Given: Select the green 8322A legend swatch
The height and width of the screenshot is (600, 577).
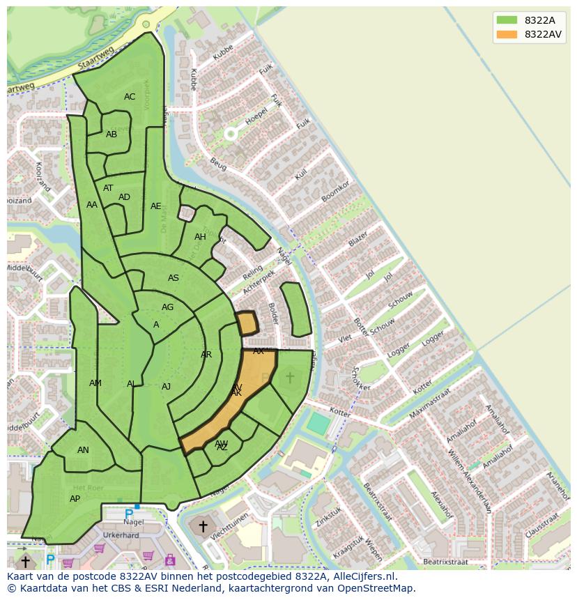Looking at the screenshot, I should [507, 20].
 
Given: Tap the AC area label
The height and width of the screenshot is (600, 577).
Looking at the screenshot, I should [130, 97].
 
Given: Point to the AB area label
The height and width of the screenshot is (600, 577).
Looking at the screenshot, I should [111, 134].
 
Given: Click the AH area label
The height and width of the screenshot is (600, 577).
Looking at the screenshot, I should [200, 237].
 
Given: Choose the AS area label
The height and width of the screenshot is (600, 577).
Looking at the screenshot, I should [174, 278].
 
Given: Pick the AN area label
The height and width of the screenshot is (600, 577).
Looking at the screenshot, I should [83, 450].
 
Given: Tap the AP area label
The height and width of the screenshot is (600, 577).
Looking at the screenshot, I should [75, 499].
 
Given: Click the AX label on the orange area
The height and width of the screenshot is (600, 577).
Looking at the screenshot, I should [259, 351].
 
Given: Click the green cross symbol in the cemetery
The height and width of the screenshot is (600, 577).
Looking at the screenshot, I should [290, 377].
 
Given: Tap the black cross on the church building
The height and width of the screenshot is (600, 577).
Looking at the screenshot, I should [203, 526].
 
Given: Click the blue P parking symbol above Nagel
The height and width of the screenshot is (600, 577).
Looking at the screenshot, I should [129, 514].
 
